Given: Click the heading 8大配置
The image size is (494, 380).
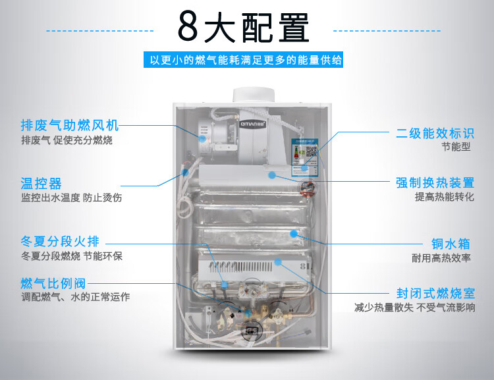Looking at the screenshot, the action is (243, 28).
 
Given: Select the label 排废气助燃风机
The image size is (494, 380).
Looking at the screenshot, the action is (70, 125).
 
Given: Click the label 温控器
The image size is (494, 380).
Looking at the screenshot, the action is (41, 183).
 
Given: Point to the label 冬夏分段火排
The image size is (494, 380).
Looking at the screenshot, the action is (60, 242).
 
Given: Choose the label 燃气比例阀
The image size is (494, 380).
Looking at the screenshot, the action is (53, 283).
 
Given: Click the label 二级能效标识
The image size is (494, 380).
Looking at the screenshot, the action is (435, 133).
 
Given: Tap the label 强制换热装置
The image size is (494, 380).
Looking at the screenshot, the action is (435, 182).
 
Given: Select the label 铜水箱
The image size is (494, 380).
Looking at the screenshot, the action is (451, 244).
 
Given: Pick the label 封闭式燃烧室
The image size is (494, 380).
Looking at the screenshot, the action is (436, 293).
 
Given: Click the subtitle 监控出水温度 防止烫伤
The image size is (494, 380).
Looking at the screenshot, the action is (72, 198).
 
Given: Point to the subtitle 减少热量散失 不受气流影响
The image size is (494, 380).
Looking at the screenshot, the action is (414, 307).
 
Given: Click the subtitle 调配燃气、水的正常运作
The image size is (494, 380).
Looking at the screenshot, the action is (76, 296).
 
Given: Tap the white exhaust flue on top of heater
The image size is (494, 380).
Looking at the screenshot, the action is (254, 95).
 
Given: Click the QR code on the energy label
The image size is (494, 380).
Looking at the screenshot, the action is (312, 151).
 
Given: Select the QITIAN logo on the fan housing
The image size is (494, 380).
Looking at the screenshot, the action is (253, 124).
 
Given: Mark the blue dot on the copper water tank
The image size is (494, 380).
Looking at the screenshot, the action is (294, 234).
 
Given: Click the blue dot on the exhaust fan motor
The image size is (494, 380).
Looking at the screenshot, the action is (203, 138).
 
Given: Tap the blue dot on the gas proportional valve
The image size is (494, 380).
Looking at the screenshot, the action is (248, 313).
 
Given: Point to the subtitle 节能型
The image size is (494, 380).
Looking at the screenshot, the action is (456, 147).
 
